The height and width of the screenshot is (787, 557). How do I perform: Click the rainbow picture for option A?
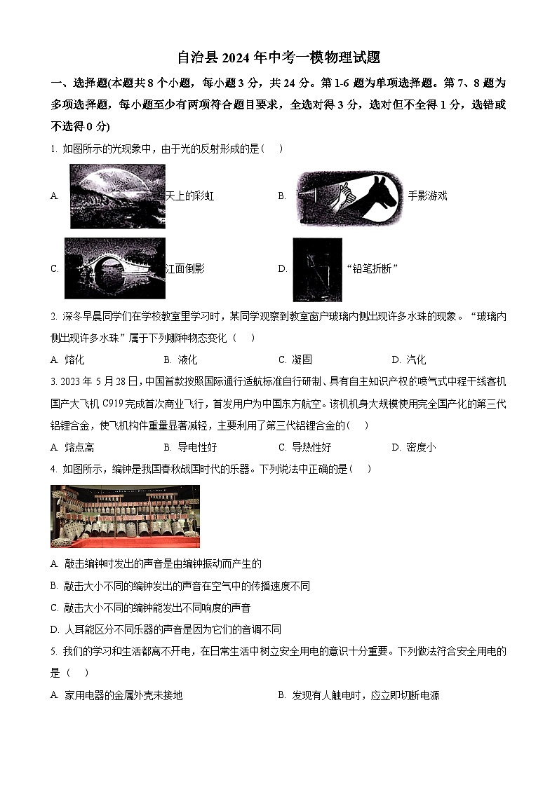point(117,196)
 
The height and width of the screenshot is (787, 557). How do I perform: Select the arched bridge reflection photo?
point(114,268)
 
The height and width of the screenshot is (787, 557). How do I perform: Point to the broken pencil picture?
point(317,269)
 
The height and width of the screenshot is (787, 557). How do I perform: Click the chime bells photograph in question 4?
point(125,516)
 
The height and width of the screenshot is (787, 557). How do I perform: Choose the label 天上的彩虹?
point(189,196)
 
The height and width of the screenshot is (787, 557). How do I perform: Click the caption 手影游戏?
point(427,196)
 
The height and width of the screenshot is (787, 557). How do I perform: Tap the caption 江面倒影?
point(184,268)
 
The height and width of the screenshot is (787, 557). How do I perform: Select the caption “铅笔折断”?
point(373,269)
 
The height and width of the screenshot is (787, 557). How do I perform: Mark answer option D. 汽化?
point(409,360)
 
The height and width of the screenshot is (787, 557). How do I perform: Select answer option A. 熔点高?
point(72,447)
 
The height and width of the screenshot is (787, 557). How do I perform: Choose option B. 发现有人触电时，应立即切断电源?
point(358,695)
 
